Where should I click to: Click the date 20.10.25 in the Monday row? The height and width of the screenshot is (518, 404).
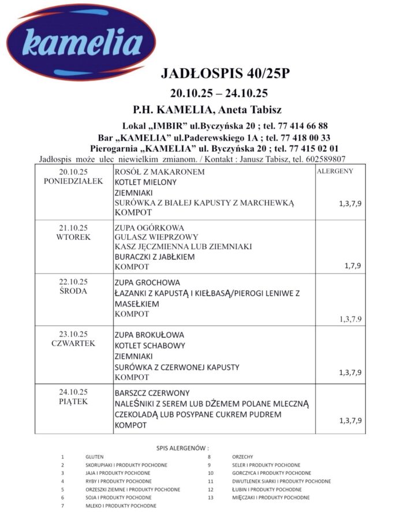tap(73, 172)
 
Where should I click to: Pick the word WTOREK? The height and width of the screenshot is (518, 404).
tap(73, 237)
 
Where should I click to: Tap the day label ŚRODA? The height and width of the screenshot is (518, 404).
tap(73, 291)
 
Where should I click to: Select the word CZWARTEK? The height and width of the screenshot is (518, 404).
tap(73, 344)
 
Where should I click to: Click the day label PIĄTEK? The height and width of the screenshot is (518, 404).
tap(73, 401)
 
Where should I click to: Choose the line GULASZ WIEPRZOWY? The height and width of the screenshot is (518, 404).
tap(156, 237)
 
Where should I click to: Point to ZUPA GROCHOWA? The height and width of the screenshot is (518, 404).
tap(147, 283)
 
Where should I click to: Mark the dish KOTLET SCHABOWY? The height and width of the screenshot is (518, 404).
tap(150, 346)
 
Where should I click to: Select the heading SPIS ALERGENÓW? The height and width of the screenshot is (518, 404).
tap(182, 448)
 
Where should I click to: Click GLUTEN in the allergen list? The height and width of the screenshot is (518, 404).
tap(94, 457)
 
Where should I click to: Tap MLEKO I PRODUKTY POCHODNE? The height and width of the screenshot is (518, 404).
tap(121, 506)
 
